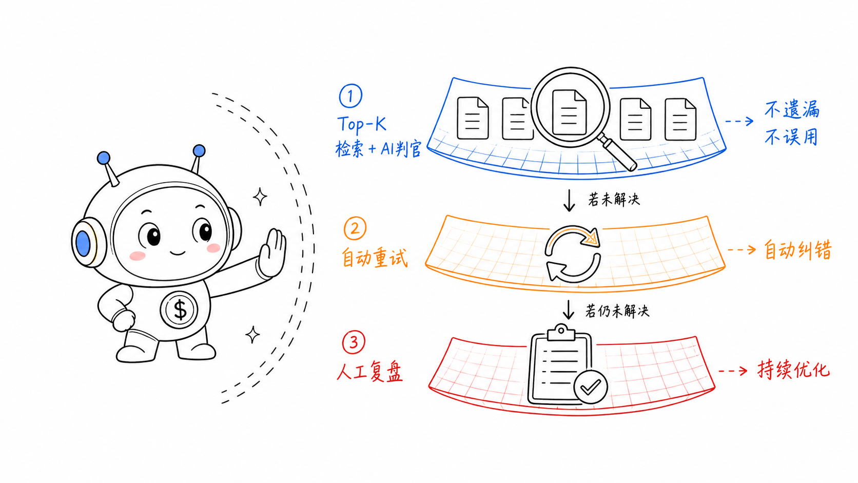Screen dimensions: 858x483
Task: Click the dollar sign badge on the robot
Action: click(x=179, y=310)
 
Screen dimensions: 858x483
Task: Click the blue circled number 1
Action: click(x=350, y=96)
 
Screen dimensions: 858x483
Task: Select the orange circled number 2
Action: click(x=355, y=228)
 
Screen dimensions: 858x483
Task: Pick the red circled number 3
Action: click(x=354, y=342)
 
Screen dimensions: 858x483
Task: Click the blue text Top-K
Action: click(x=362, y=125)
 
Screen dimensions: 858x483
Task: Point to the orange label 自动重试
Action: click(x=374, y=257)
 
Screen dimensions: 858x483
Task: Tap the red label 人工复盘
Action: click(x=369, y=372)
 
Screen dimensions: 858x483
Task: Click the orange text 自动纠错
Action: click(x=798, y=250)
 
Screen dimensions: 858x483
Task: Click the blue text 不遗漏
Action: click(x=792, y=109)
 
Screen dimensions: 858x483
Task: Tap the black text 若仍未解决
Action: click(x=617, y=311)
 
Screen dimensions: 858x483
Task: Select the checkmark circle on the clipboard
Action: click(x=591, y=387)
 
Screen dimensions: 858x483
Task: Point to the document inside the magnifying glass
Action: click(x=570, y=112)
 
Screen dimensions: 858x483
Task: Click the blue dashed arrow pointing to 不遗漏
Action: click(x=739, y=121)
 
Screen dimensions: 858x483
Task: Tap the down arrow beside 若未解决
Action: click(x=569, y=200)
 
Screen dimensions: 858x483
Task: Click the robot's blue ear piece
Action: click(x=83, y=242)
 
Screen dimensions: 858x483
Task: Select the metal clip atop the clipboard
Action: click(x=561, y=333)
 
